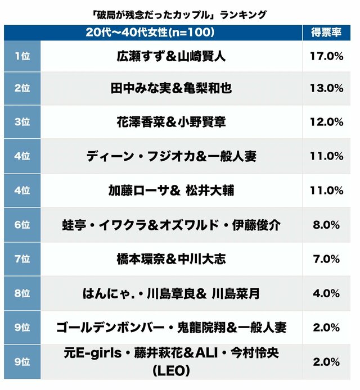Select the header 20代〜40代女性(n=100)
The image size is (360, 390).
coord(150,33)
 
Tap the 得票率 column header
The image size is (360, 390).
coord(326,33)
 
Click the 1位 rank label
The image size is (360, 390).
coord(21,56)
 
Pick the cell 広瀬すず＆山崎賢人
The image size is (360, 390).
coord(172,56)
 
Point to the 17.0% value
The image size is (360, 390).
coord(326,56)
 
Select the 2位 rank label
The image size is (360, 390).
coord(21,89)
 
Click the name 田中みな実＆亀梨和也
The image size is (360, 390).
coord(172,89)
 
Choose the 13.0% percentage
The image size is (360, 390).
coord(326,89)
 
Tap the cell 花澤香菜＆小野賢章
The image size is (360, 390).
coord(172,123)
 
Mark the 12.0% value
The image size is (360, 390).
coord(326,123)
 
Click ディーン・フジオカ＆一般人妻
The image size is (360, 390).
coord(172,157)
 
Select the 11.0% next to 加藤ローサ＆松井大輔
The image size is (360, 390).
coord(326,191)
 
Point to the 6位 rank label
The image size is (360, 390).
coord(21,225)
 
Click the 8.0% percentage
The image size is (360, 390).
coord(326,225)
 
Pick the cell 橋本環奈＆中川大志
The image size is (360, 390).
coord(172,259)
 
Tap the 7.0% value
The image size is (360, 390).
coord(326,259)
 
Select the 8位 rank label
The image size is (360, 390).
coord(21,293)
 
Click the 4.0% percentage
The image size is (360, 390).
coord(326,293)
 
